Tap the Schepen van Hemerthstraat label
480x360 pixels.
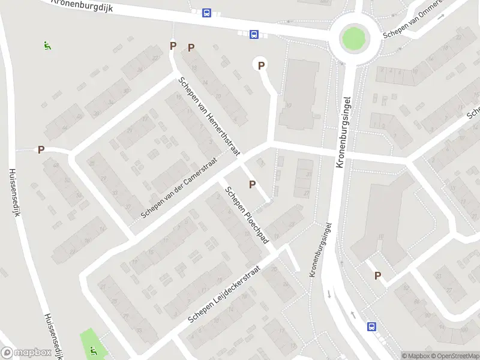[x=209, y=116]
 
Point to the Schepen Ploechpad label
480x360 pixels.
[x=246, y=214]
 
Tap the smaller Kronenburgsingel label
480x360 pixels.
[x=320, y=249]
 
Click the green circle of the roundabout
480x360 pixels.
[x=353, y=39]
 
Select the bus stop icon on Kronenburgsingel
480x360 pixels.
[x=371, y=327]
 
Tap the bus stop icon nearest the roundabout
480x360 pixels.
[x=254, y=34]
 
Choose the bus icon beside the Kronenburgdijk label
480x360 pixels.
[x=206, y=13]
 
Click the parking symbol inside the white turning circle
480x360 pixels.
[x=261, y=65]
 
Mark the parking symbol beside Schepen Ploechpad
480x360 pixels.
[x=252, y=184]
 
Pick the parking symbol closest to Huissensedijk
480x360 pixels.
[x=41, y=149]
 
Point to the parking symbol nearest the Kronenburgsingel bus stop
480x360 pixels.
[x=377, y=275]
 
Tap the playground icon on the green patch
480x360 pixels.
[x=92, y=350]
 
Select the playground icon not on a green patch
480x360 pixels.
[x=47, y=44]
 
